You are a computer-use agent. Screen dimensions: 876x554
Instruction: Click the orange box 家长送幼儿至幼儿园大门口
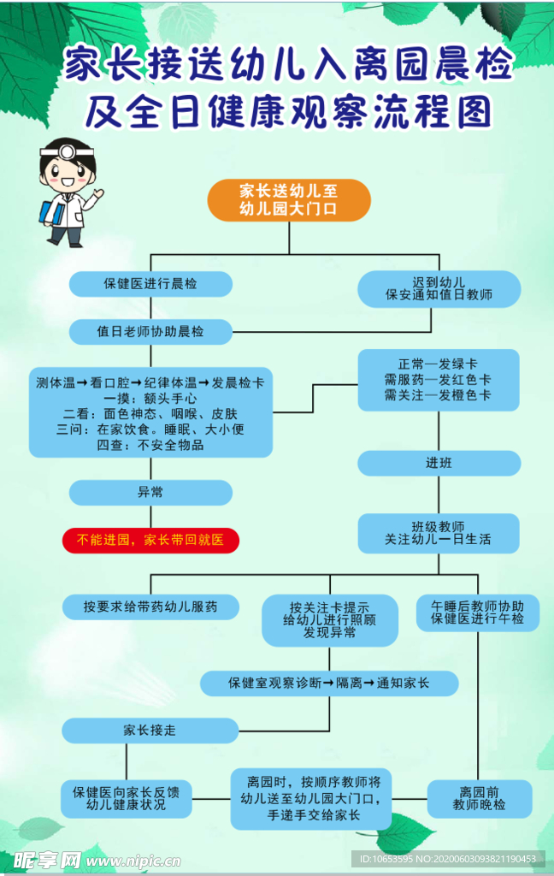tap(289, 200)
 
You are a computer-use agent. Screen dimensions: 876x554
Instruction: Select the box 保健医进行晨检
tap(150, 283)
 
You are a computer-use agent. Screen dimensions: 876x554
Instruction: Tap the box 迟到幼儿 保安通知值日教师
tap(439, 289)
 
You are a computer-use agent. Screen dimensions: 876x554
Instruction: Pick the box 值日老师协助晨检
tap(150, 331)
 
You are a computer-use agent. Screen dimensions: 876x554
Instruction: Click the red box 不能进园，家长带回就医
tap(150, 540)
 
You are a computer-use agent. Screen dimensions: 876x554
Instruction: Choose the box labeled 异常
tap(150, 493)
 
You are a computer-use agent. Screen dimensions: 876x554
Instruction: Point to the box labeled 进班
tap(439, 463)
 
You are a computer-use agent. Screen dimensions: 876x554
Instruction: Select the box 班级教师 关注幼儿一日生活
tap(439, 532)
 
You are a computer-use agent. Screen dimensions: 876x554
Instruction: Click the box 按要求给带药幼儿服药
tap(150, 607)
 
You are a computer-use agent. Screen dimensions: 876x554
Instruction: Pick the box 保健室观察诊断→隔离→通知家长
tap(329, 683)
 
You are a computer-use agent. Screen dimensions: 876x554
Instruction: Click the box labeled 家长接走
tap(150, 730)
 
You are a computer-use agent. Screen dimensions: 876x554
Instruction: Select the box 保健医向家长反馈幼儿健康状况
tap(127, 797)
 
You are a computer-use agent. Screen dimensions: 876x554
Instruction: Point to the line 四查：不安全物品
tap(150, 445)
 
